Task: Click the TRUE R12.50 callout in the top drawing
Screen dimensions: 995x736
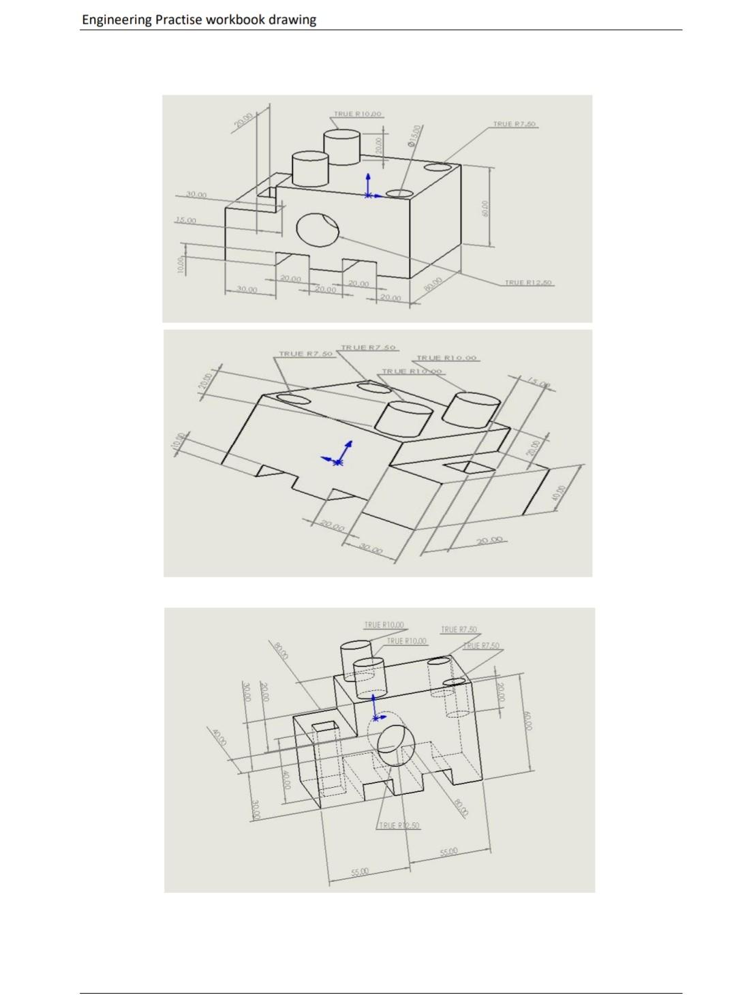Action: coord(529,282)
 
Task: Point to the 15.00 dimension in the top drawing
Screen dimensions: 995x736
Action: coord(185,220)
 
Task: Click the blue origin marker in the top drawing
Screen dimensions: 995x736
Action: coord(369,194)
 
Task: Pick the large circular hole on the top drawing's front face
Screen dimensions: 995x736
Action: coord(318,228)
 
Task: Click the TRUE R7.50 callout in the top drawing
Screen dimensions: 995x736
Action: coord(515,124)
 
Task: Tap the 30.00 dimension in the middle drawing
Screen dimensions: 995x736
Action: coord(371,549)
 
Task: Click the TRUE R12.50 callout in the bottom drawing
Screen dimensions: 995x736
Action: coord(399,825)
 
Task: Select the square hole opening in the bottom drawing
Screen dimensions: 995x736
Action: coord(325,727)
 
